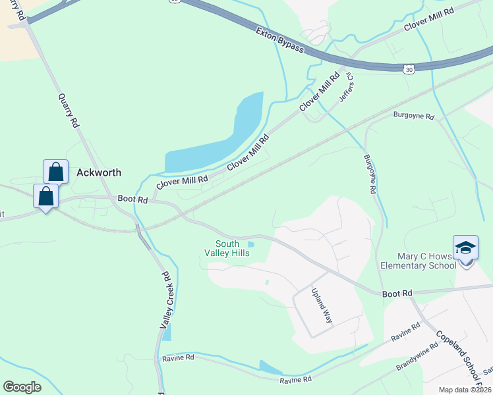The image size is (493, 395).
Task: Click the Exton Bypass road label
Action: point(279,39)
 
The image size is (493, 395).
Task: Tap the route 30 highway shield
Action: point(409,68)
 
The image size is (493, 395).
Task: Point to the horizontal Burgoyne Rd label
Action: point(413,117)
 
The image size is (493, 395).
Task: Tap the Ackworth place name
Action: point(99,172)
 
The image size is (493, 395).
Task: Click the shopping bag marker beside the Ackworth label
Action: point(56,171)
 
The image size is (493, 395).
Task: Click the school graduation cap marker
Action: point(465,248)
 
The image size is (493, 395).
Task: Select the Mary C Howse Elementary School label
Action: point(419,261)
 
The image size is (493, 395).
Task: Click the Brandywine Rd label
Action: point(417,356)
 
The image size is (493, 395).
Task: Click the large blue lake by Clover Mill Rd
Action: point(217,138)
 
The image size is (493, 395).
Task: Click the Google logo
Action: point(22,387)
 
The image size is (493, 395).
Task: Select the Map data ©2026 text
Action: point(465,390)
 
